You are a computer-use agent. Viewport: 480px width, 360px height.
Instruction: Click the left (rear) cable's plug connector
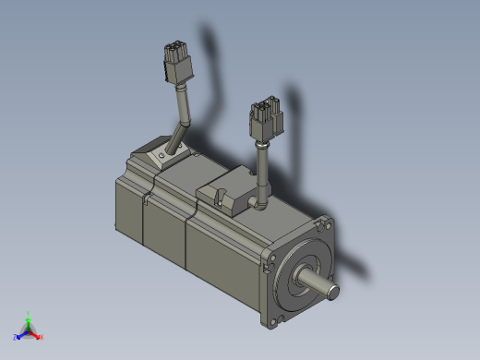click(x=174, y=64)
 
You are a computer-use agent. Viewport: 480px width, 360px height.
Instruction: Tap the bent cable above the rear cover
click(x=182, y=114)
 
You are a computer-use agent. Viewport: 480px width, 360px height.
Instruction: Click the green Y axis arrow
click(x=29, y=318)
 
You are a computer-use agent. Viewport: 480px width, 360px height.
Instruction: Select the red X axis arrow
click(x=37, y=335)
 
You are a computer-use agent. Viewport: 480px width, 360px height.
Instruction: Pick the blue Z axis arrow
click(x=19, y=335)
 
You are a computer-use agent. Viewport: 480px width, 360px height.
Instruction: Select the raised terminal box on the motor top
click(x=226, y=189)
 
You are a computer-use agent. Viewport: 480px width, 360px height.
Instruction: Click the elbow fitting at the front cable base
click(x=258, y=198)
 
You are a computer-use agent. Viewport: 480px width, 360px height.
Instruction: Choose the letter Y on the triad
click(x=30, y=312)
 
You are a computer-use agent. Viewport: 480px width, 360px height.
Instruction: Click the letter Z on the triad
click(x=15, y=338)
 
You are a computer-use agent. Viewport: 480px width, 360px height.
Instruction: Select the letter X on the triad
click(x=42, y=338)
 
